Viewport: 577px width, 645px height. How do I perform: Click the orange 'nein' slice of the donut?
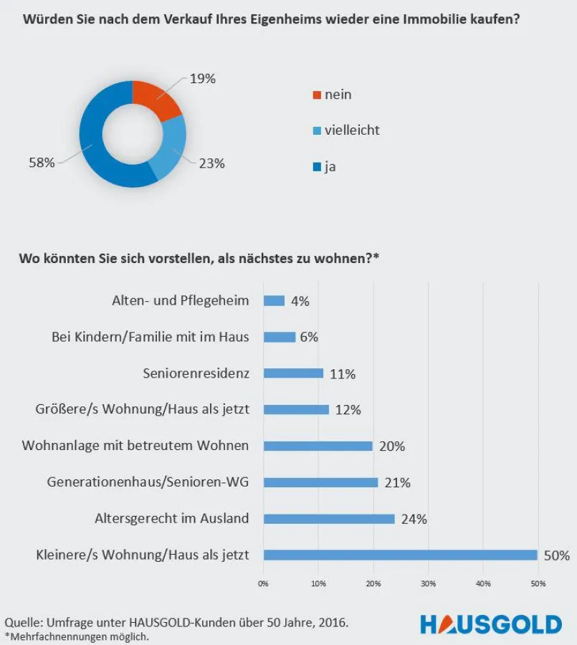click(x=159, y=100)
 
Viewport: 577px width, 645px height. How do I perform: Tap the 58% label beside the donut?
click(x=42, y=163)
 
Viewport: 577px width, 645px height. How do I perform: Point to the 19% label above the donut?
click(x=203, y=79)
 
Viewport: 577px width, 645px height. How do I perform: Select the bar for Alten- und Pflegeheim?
click(x=275, y=301)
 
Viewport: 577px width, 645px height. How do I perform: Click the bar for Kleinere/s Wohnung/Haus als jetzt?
click(x=400, y=555)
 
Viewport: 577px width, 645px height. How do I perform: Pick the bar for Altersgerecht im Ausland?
click(x=329, y=518)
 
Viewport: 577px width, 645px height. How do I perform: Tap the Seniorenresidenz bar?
click(x=294, y=373)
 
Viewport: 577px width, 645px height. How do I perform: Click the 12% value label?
click(x=348, y=410)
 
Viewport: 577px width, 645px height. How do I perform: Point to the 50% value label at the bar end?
click(x=556, y=555)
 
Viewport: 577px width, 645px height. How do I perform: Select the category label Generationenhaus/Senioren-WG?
click(x=148, y=482)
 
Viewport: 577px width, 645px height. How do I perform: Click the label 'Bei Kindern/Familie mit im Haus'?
click(x=151, y=337)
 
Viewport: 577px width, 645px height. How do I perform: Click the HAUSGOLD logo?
click(x=490, y=623)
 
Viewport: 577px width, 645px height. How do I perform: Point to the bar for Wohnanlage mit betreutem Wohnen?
click(x=318, y=446)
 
